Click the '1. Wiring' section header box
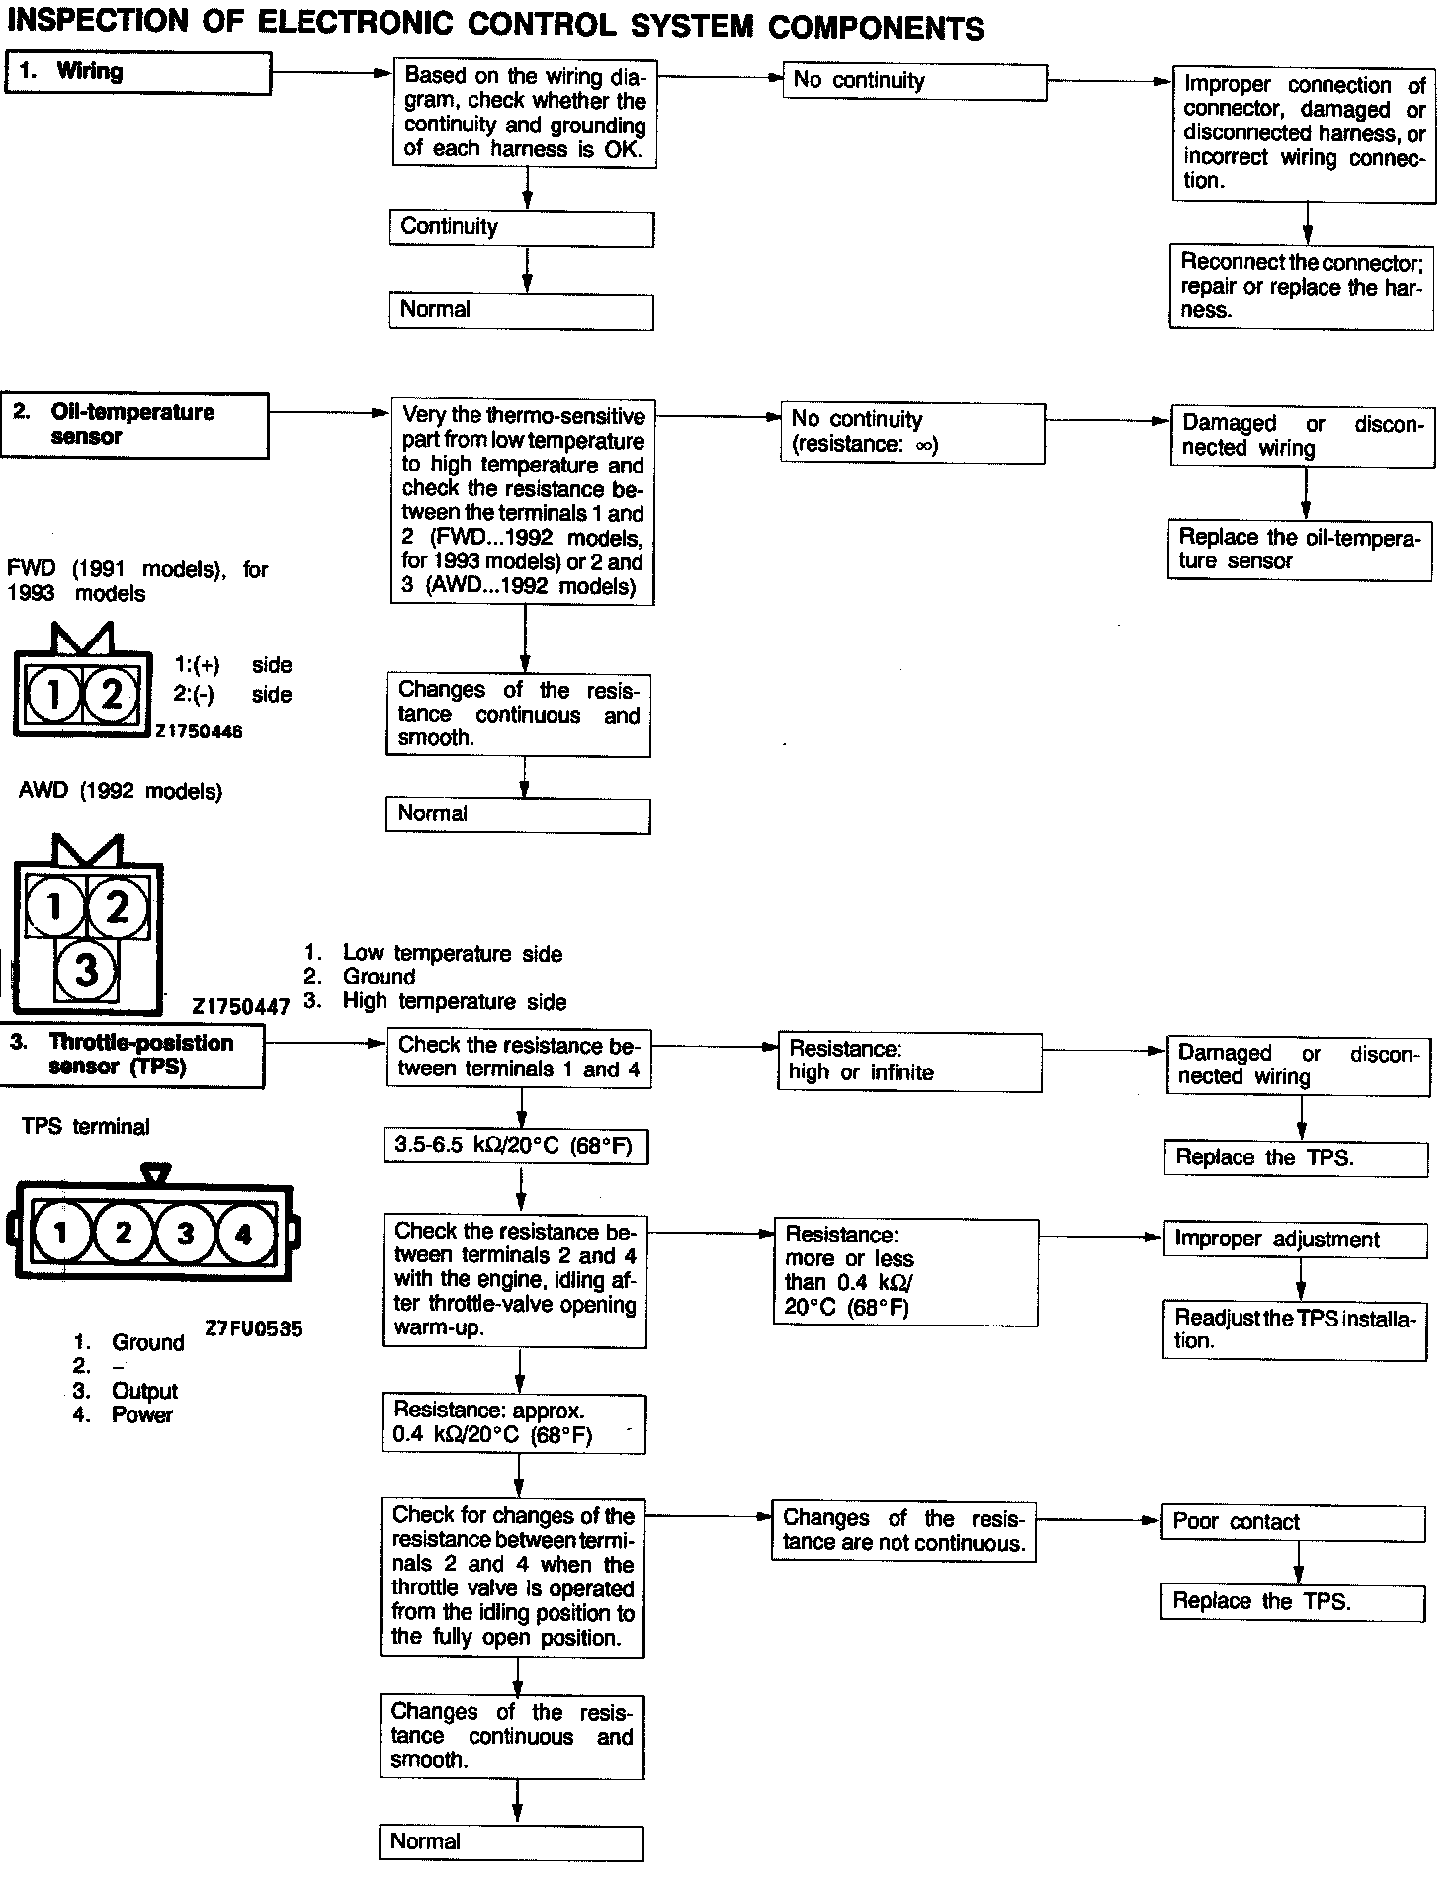[x=137, y=73]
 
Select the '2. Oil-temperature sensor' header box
[x=133, y=425]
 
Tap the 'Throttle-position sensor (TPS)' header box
[x=131, y=1056]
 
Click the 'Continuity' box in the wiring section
[x=521, y=228]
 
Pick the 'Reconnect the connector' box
[x=1301, y=287]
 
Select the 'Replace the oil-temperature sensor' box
[x=1300, y=550]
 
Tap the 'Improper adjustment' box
[x=1296, y=1240]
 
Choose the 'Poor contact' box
[x=1294, y=1523]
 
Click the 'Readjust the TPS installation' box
[x=1295, y=1329]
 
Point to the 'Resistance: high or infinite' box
[x=909, y=1062]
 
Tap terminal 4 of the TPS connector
[x=244, y=1233]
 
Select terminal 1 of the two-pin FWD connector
[x=52, y=695]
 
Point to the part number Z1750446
[x=198, y=732]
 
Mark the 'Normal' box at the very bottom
[x=511, y=1841]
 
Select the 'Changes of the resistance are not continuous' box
[x=903, y=1531]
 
